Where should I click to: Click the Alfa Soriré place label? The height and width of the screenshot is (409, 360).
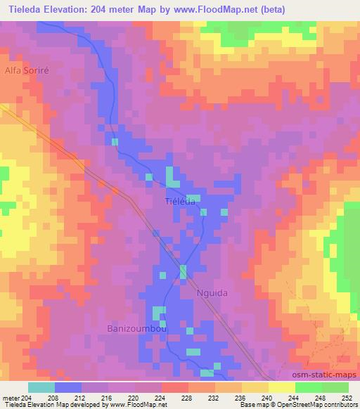click(26, 71)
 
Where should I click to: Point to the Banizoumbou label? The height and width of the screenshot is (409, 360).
click(136, 328)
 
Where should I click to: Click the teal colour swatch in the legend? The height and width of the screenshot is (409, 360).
click(41, 387)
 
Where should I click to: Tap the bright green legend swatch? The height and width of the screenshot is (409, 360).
click(308, 387)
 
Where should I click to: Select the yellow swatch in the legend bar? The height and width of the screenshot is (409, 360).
click(281, 387)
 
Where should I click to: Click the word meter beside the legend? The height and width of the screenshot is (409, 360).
click(10, 398)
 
